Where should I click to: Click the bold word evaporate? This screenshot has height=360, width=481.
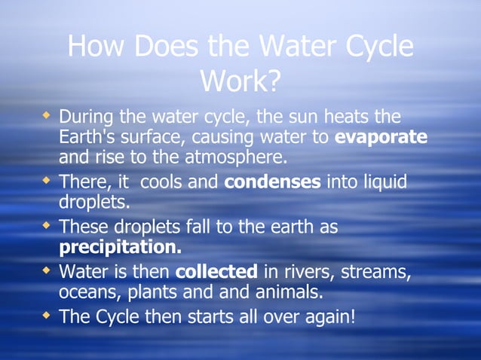click(381, 138)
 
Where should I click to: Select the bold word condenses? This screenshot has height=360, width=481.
click(273, 183)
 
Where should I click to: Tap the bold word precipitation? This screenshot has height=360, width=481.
click(120, 247)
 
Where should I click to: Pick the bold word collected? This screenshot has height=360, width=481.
click(216, 271)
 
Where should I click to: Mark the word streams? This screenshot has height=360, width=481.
click(381, 271)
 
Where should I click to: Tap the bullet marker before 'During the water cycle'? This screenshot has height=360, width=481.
click(47, 117)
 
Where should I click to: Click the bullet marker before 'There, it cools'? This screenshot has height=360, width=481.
click(47, 182)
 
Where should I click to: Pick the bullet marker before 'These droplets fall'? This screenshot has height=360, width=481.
click(47, 226)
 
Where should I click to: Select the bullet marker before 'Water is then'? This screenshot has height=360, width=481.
click(47, 270)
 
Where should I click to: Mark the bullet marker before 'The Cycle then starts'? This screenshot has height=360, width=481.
click(47, 315)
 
